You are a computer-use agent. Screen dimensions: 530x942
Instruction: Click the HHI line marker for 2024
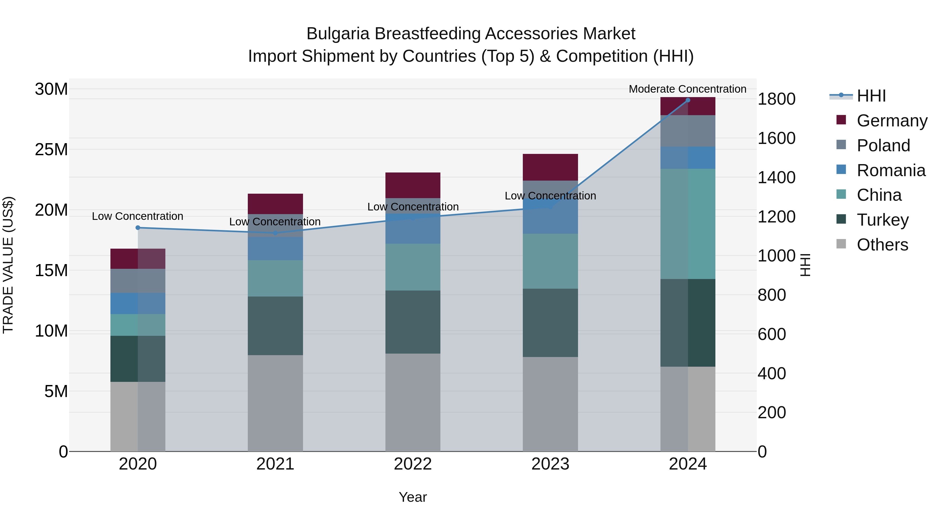pos(687,100)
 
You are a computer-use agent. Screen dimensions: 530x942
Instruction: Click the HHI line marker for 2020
pos(138,227)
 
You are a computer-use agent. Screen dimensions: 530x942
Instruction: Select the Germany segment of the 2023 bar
pos(550,167)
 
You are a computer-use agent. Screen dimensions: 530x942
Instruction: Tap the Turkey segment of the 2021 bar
pos(275,326)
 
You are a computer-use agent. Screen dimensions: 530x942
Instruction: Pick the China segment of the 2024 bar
pos(687,224)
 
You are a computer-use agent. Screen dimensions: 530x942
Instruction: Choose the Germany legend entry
pos(891,121)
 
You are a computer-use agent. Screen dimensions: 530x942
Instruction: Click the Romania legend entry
pos(890,170)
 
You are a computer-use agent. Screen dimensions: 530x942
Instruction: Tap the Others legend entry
pos(882,245)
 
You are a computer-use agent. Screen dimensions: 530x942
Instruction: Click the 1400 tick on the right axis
pos(776,178)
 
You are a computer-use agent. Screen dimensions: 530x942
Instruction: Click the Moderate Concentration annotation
pos(687,89)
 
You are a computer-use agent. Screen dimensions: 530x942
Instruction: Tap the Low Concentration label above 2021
pos(275,222)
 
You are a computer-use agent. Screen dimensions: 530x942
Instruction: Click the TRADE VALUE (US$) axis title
pos(8,265)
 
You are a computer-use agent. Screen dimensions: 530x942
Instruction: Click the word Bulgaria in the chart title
pos(338,34)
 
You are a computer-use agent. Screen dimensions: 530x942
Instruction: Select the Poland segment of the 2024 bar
pos(687,131)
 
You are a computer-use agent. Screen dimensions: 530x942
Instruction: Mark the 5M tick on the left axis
pos(55,391)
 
